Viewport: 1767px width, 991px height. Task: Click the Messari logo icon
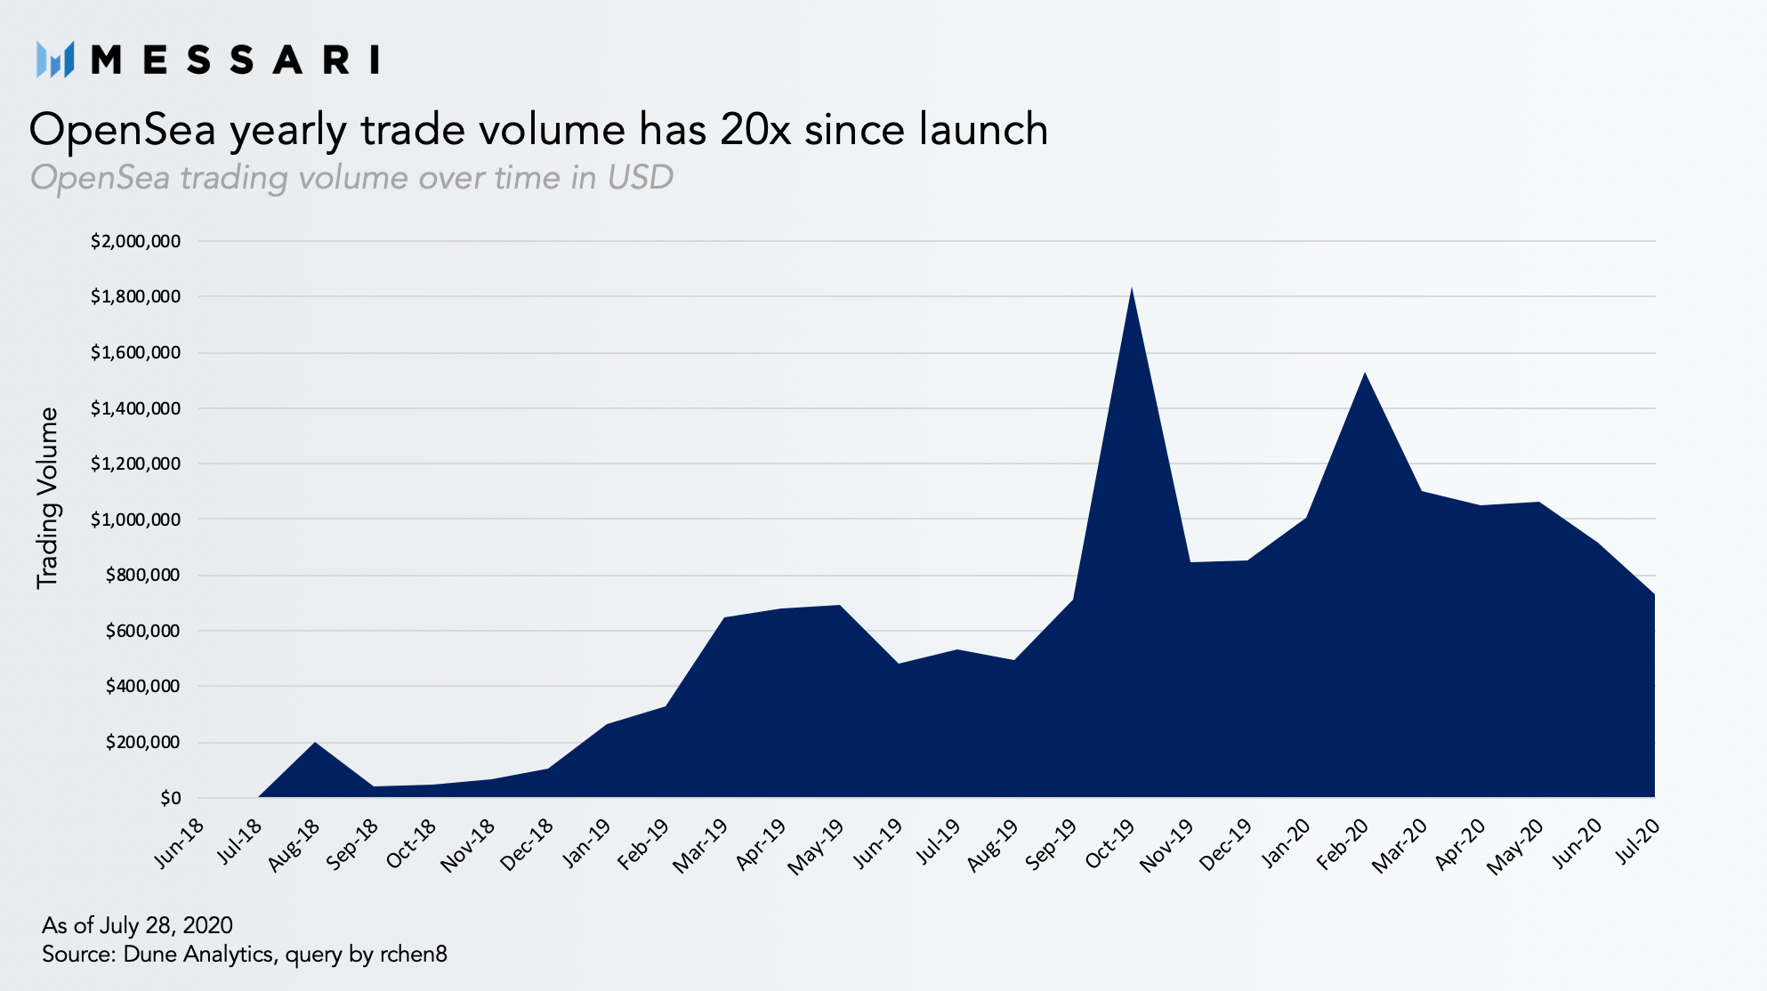pyautogui.click(x=55, y=60)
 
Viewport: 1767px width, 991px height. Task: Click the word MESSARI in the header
pyautogui.click(x=236, y=60)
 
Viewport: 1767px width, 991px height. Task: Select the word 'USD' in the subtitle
pyautogui.click(x=641, y=177)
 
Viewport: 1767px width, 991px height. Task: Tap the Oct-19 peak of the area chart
pyautogui.click(x=1132, y=287)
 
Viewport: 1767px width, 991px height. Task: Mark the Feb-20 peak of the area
pyautogui.click(x=1365, y=373)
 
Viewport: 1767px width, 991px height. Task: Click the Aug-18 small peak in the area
pyautogui.click(x=315, y=742)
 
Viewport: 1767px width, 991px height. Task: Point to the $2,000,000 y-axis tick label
pyautogui.click(x=135, y=241)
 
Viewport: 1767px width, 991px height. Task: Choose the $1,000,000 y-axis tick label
pyautogui.click(x=135, y=520)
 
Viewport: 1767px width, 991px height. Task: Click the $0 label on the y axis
pyautogui.click(x=170, y=798)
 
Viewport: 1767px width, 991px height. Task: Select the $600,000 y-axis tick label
pyautogui.click(x=142, y=631)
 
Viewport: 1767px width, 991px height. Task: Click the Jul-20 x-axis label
pyautogui.click(x=1638, y=841)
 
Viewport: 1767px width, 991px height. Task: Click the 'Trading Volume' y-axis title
pyautogui.click(x=47, y=498)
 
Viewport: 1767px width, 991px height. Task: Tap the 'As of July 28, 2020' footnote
pyautogui.click(x=137, y=925)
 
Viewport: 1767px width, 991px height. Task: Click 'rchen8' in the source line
pyautogui.click(x=414, y=955)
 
